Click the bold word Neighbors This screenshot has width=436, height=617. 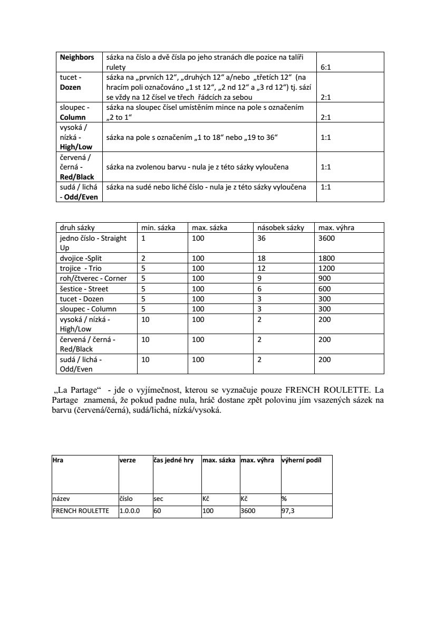(x=77, y=57)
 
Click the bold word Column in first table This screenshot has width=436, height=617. (x=73, y=117)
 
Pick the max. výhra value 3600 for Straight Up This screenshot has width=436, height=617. (x=327, y=238)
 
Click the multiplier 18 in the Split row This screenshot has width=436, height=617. (x=261, y=259)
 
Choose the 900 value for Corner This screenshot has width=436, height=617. (x=324, y=279)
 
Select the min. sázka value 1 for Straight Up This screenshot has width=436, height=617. (x=143, y=238)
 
